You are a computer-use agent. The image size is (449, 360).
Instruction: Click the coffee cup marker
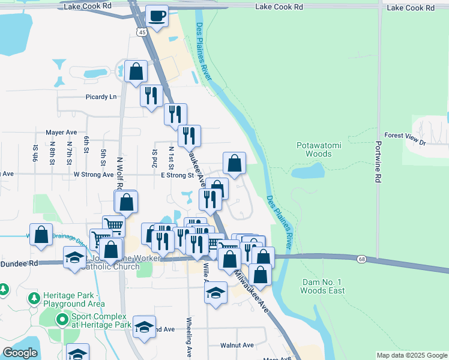(x=157, y=16)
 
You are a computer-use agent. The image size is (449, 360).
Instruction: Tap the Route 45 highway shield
(x=142, y=32)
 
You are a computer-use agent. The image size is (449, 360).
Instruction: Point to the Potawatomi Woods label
(x=314, y=149)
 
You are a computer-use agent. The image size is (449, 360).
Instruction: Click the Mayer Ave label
(x=61, y=132)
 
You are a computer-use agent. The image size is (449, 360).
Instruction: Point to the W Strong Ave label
(x=93, y=175)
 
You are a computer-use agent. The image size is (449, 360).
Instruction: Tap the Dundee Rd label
(x=19, y=263)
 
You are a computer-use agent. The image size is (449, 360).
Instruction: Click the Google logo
(x=20, y=353)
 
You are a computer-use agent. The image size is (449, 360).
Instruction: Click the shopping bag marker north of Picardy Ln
(x=136, y=71)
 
